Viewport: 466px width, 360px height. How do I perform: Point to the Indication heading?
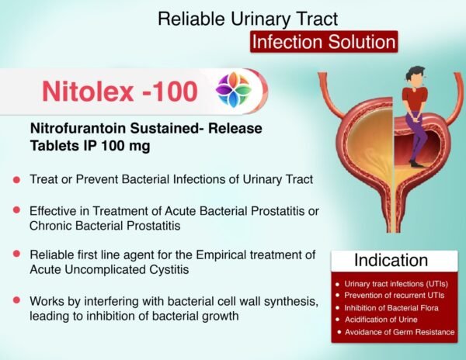point(391,260)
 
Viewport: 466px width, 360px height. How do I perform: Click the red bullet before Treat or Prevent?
point(16,180)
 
